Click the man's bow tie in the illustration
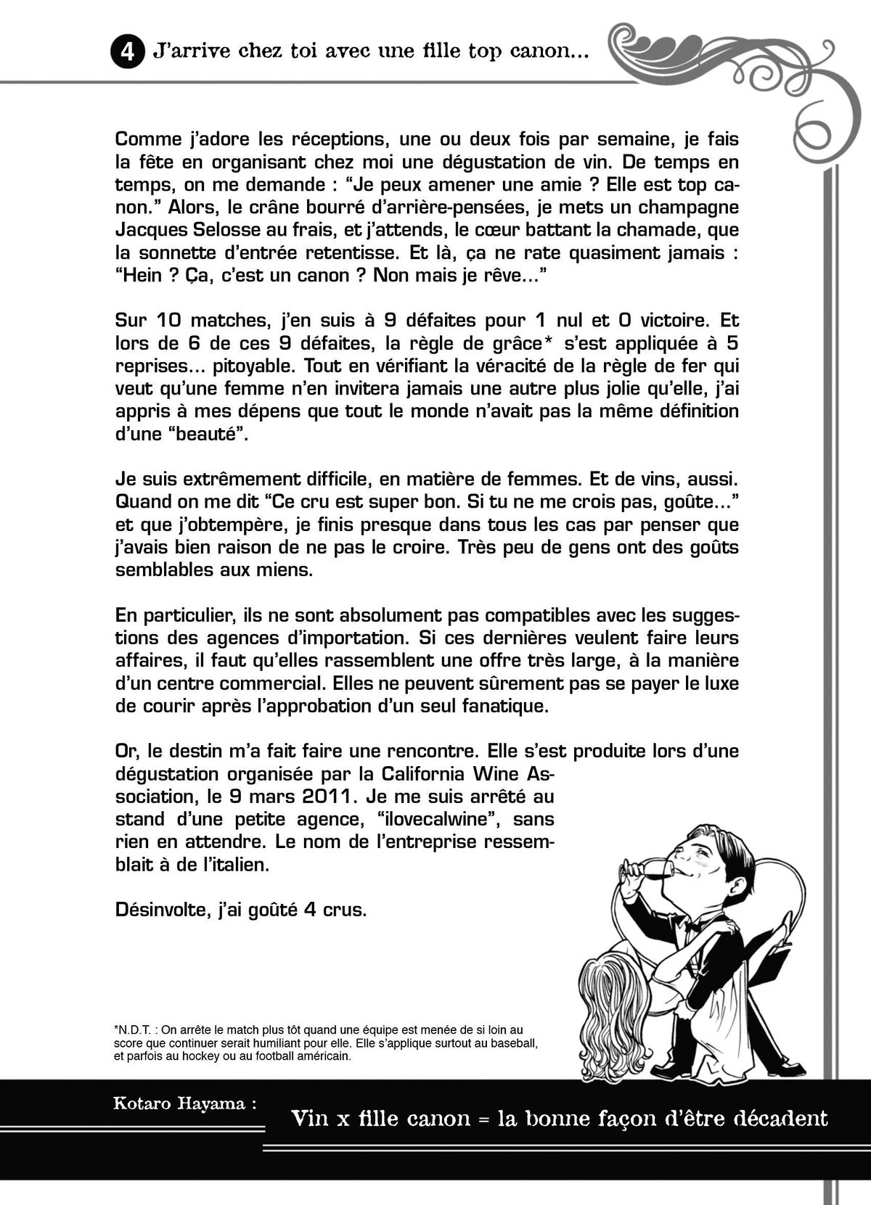coord(695,926)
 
